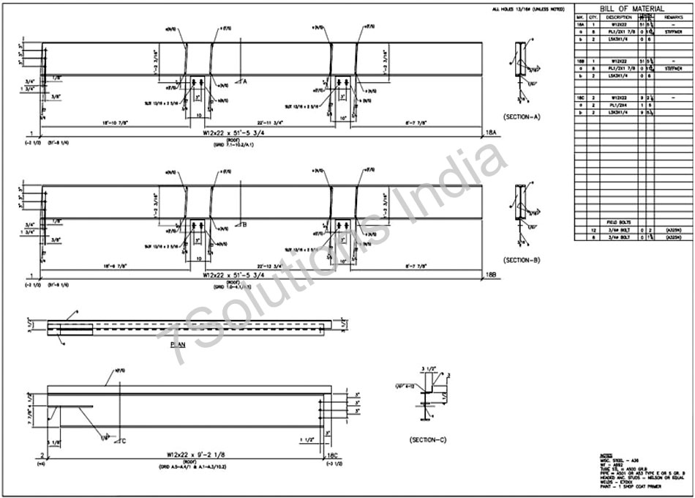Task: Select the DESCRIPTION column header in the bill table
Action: tap(618, 18)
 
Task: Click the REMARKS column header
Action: tap(674, 18)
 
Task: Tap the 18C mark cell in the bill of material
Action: tap(580, 97)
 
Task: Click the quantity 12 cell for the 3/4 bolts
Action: tap(593, 230)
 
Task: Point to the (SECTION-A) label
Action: tap(522, 116)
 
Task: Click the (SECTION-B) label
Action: tap(522, 260)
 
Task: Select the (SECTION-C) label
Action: tap(429, 441)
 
